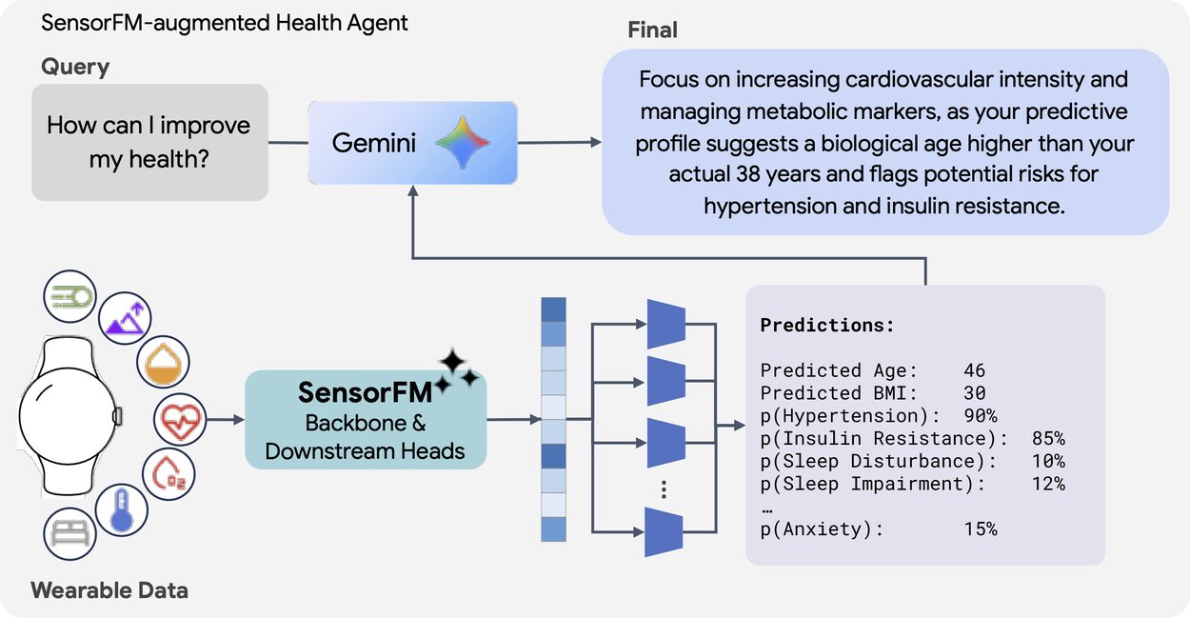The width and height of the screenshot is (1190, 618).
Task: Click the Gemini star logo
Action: point(463,143)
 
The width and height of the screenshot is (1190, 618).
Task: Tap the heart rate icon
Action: point(180,420)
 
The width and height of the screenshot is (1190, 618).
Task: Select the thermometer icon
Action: point(122,510)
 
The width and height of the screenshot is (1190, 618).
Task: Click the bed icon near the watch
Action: point(69,534)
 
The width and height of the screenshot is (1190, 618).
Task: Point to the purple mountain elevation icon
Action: point(125,318)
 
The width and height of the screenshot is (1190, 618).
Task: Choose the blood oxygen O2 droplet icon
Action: point(169,474)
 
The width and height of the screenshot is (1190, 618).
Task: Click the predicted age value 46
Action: point(974,370)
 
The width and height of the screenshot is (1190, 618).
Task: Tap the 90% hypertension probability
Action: point(981,415)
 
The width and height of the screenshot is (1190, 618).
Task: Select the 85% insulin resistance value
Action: point(1048,438)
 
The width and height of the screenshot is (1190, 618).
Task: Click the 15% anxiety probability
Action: point(981,529)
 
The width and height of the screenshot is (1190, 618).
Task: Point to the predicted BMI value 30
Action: point(974,393)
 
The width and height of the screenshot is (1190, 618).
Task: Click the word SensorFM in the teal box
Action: point(365,392)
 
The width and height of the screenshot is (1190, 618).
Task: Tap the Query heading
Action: point(75,67)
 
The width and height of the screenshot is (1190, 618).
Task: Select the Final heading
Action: point(652,30)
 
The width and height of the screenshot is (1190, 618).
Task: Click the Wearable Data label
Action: point(109,590)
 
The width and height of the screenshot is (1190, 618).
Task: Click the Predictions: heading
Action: point(827,325)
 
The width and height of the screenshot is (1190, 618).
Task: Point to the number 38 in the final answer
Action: point(748,174)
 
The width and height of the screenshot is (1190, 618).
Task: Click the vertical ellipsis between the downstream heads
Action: point(664,489)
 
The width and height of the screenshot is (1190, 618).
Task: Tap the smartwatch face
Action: point(67,416)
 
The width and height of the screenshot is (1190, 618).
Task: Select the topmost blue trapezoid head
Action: point(665,324)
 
